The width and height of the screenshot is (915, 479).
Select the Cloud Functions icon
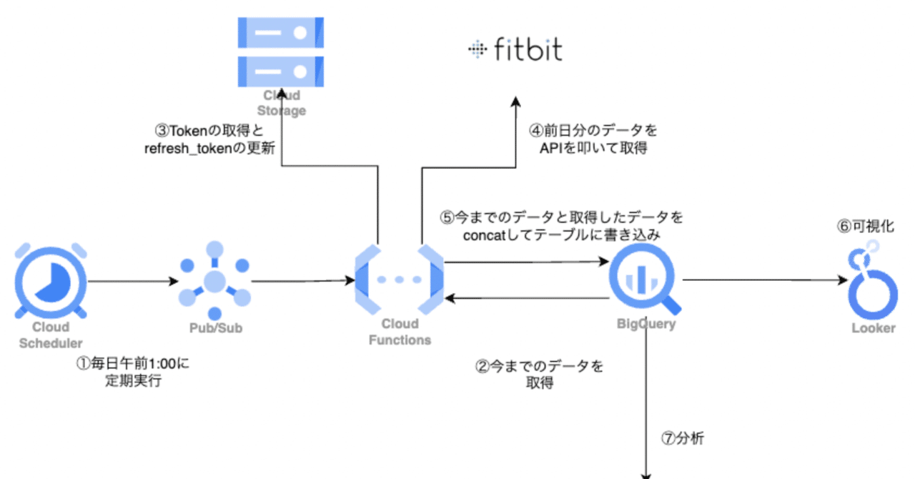[399, 280]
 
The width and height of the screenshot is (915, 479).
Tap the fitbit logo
[515, 49]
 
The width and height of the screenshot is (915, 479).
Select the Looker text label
[873, 328]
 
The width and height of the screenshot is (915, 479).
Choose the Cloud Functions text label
[400, 332]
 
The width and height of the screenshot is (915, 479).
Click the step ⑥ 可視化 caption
[866, 226]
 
